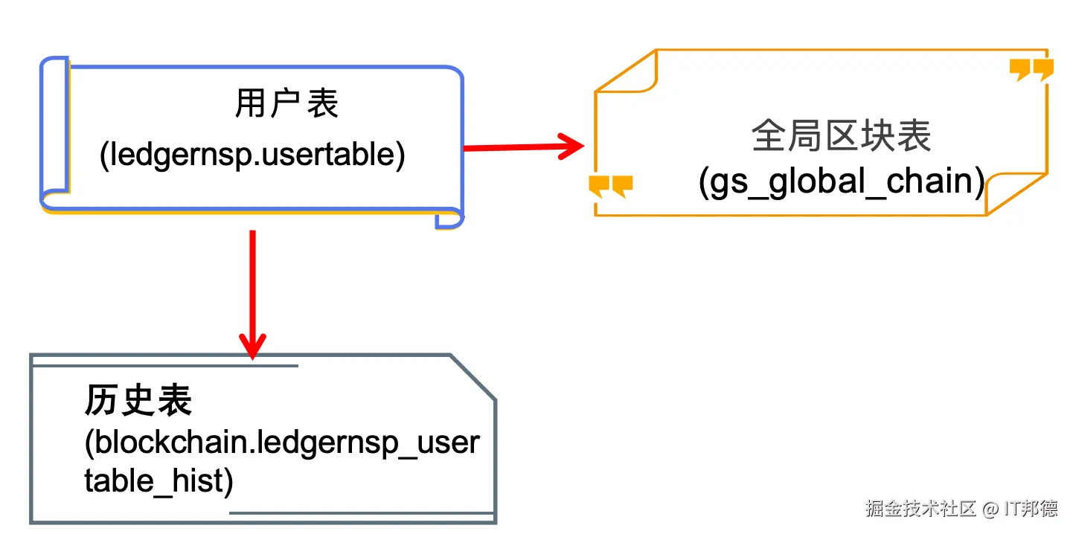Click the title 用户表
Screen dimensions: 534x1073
point(286,104)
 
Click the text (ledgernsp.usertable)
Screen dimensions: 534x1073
point(252,155)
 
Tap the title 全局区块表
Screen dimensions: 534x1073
point(841,137)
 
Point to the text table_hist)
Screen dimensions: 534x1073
point(158,481)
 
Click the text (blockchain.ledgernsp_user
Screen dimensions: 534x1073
point(281,443)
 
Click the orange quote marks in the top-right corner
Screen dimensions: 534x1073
point(1031,69)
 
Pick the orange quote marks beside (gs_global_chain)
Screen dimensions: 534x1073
point(610,186)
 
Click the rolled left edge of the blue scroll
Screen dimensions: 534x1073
point(54,134)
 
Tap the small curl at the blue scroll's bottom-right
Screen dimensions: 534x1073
point(449,219)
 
